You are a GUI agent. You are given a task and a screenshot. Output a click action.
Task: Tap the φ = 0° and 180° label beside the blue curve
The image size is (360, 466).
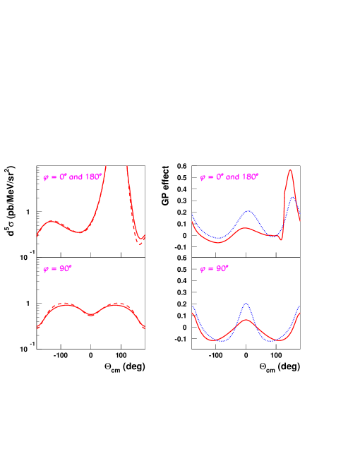[x=229, y=177]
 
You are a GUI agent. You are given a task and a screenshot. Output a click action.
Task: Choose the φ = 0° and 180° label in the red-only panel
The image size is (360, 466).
[x=73, y=178]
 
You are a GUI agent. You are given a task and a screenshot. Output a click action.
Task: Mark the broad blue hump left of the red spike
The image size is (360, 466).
[x=248, y=210]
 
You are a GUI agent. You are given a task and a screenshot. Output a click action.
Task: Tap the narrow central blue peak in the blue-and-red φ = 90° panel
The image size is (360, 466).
[x=246, y=304]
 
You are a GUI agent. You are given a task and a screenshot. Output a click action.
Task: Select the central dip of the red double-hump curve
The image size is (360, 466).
[x=90, y=315]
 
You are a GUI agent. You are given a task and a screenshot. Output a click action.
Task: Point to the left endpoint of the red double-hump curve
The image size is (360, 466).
[x=37, y=328]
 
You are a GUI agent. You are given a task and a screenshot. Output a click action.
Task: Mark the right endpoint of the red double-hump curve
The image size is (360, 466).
[x=144, y=328]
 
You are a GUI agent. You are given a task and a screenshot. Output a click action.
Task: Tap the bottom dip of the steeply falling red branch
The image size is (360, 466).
[x=139, y=242]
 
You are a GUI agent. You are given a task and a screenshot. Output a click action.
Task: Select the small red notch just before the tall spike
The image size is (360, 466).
[x=281, y=240]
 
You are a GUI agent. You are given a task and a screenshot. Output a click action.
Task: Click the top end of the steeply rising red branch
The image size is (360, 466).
[x=106, y=167]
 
